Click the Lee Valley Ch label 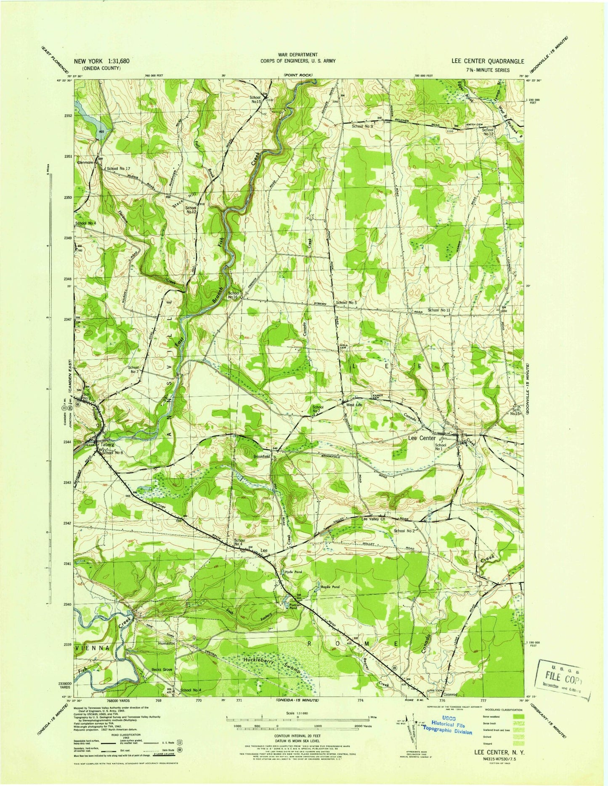coord(374,519)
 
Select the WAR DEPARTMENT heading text coord(297,54)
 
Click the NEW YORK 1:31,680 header coord(102,61)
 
